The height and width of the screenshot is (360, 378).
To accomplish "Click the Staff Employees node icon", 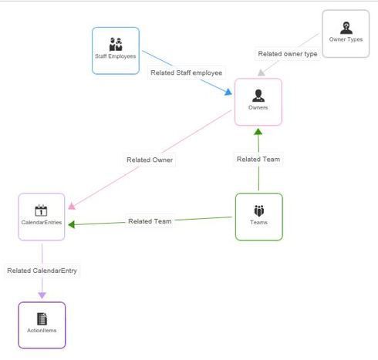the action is (116, 45).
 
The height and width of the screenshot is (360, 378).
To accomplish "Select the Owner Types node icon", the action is (346, 28).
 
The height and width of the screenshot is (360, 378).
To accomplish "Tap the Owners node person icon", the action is (258, 96).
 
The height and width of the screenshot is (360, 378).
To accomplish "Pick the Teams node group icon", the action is (259, 210).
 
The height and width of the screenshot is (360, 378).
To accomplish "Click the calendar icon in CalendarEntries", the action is (41, 210).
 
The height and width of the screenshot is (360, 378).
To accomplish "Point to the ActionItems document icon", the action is (42, 318).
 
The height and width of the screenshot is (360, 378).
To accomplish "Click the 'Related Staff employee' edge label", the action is (187, 72).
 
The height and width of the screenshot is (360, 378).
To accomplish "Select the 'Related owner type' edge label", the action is (288, 54).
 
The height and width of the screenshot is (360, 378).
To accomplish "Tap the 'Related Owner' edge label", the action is (150, 160).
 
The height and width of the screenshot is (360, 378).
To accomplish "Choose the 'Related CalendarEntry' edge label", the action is (42, 271).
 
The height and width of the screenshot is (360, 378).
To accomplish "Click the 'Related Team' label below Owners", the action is (258, 160).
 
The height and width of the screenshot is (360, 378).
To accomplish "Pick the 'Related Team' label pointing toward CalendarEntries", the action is (150, 221).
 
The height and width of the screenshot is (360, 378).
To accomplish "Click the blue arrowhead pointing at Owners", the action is (228, 92).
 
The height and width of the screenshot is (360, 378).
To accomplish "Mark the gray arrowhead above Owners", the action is (261, 72).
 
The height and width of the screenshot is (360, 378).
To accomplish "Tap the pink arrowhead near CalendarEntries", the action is (72, 206).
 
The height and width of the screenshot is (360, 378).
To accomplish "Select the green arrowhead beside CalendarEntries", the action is (72, 224).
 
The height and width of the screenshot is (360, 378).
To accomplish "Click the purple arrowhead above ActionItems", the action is (42, 295).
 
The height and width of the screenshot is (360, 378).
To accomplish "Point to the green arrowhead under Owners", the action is (258, 132).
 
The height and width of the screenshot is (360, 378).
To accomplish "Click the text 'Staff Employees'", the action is (116, 56).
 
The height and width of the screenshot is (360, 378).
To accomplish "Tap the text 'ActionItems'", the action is (42, 331).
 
